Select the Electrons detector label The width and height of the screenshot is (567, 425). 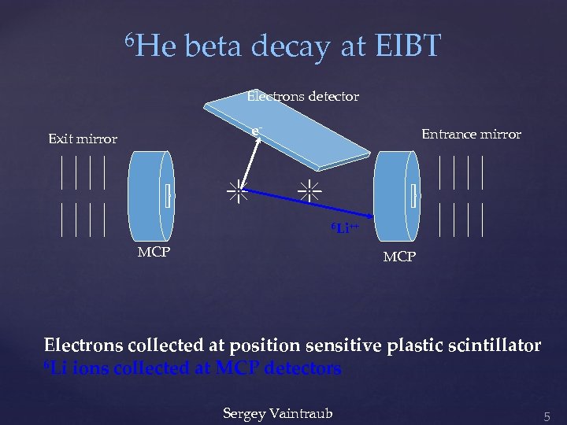pyautogui.click(x=303, y=97)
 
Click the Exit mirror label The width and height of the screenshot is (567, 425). pyautogui.click(x=83, y=139)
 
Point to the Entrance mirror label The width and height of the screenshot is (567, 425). pyautogui.click(x=471, y=135)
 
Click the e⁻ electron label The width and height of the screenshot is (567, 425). pyautogui.click(x=256, y=131)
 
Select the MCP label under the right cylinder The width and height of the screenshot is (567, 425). pyautogui.click(x=399, y=257)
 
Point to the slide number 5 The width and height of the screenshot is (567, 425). pyautogui.click(x=547, y=414)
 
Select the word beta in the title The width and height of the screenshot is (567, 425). pyautogui.click(x=215, y=47)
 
